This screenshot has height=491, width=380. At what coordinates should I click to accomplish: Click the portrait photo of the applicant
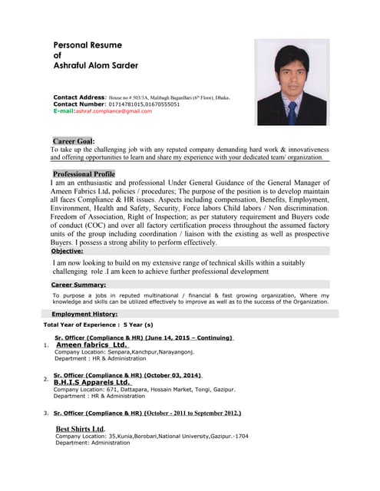[292, 82]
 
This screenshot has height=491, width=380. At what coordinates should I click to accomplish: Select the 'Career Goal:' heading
[74, 141]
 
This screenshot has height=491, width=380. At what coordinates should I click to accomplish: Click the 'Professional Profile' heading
[84, 174]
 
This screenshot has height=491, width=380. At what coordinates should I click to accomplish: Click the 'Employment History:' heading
[84, 314]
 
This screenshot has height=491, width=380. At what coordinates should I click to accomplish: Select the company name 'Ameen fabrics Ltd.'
[92, 345]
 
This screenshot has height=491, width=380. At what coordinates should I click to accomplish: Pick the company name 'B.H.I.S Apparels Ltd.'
[93, 382]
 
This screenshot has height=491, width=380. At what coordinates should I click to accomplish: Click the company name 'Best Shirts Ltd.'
[81, 428]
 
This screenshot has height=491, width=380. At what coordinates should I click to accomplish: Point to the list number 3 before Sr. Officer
[46, 413]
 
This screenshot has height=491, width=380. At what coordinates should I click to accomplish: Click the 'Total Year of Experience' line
[98, 325]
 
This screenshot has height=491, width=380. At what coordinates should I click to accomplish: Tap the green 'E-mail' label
[64, 111]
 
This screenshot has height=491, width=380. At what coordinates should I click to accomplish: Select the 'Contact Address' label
[79, 97]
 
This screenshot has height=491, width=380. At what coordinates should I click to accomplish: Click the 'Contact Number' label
[78, 104]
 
